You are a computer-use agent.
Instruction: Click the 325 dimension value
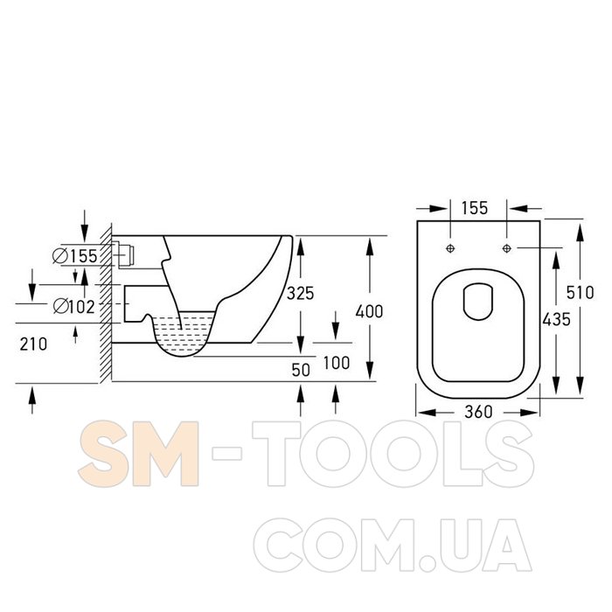[300, 293]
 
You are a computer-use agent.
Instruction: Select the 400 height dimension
[369, 311]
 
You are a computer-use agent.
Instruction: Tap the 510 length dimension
[580, 292]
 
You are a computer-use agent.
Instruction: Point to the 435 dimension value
[557, 320]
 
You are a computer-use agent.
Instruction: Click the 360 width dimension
[478, 412]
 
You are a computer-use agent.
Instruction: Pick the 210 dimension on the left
[33, 344]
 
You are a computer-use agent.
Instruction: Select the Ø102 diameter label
[73, 306]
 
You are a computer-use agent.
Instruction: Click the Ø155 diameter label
[75, 256]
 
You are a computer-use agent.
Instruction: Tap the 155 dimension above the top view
[475, 208]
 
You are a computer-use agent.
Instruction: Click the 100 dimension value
[337, 363]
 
